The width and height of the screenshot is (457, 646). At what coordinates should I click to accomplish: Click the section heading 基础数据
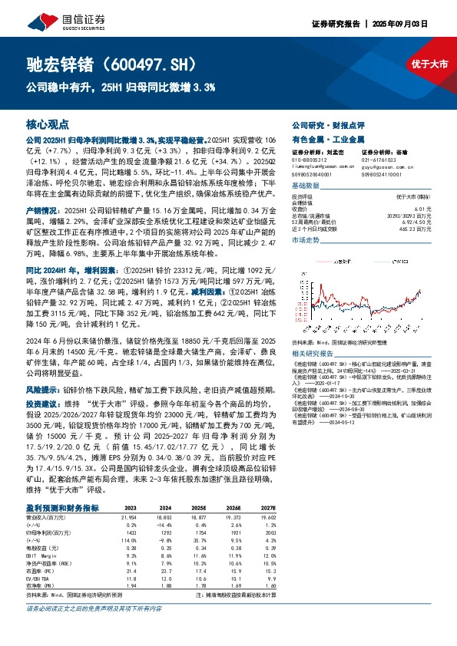(x=307, y=186)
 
